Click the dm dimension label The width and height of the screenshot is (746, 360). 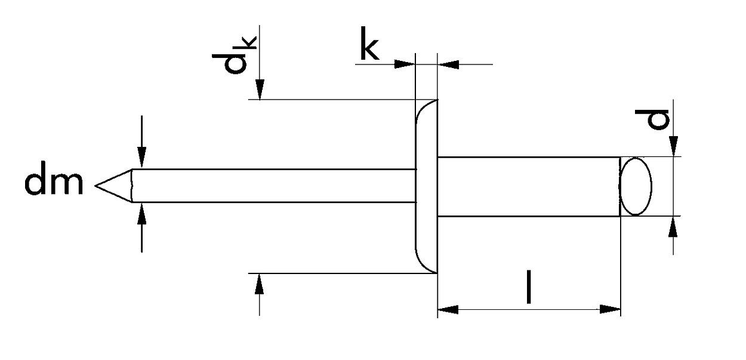tap(54, 183)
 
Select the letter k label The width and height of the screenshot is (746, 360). tap(369, 48)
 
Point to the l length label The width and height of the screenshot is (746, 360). tap(529, 287)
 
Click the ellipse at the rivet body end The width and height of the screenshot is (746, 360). tap(636, 186)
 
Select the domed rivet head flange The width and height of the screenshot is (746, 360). tap(426, 186)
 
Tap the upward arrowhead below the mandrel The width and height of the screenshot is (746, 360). tap(141, 212)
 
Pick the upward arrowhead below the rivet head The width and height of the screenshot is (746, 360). tap(259, 283)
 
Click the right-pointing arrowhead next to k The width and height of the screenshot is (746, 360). tap(405, 63)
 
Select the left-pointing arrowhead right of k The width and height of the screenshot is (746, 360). tap(448, 63)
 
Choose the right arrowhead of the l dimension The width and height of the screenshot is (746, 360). tap(611, 310)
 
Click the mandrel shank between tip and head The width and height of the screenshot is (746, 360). tap(275, 186)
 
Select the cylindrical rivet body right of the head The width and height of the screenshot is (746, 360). tap(528, 186)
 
